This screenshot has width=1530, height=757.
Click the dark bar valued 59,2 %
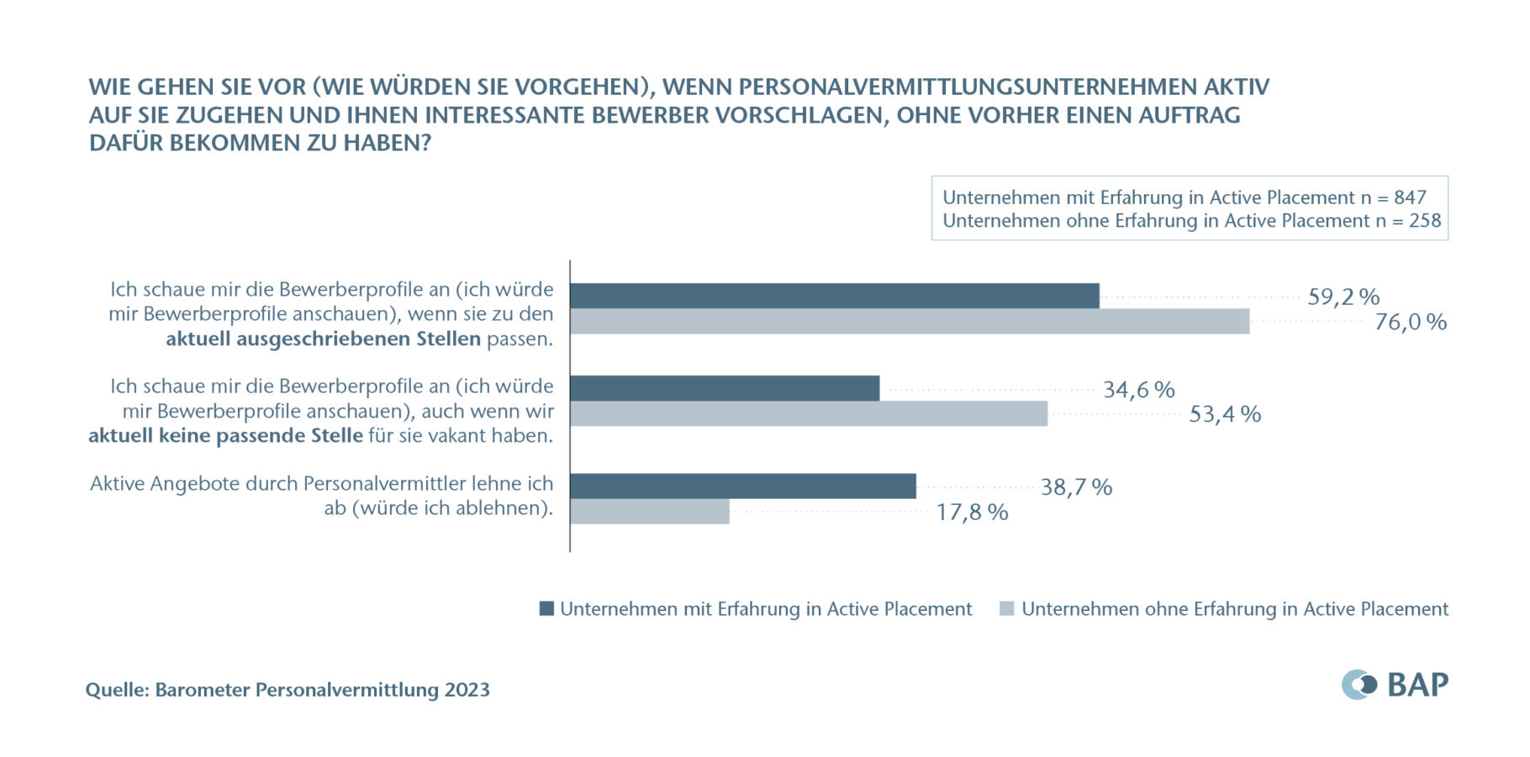click(x=834, y=296)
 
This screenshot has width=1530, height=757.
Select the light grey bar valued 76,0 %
click(x=910, y=321)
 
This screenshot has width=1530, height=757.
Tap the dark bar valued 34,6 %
click(x=725, y=388)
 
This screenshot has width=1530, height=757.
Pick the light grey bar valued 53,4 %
click(x=809, y=413)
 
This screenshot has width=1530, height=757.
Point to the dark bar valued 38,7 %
click(x=743, y=486)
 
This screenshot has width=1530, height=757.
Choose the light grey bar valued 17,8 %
click(x=650, y=512)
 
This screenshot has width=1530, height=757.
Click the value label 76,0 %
click(x=1410, y=322)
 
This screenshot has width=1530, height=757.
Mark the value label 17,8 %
click(x=972, y=513)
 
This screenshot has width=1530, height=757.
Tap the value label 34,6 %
click(x=1138, y=390)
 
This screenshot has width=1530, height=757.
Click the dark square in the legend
click(x=546, y=609)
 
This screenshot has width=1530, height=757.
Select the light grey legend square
click(x=1006, y=609)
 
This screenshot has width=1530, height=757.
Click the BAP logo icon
click(x=1359, y=685)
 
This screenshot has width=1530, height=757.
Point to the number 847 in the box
click(x=1410, y=197)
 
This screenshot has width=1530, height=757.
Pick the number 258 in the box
click(x=1425, y=221)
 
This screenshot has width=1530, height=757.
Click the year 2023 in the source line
click(x=467, y=690)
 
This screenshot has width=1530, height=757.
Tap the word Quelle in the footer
click(x=117, y=690)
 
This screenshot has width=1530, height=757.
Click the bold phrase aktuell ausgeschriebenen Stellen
click(x=324, y=339)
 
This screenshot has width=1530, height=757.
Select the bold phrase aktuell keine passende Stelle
click(x=225, y=436)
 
